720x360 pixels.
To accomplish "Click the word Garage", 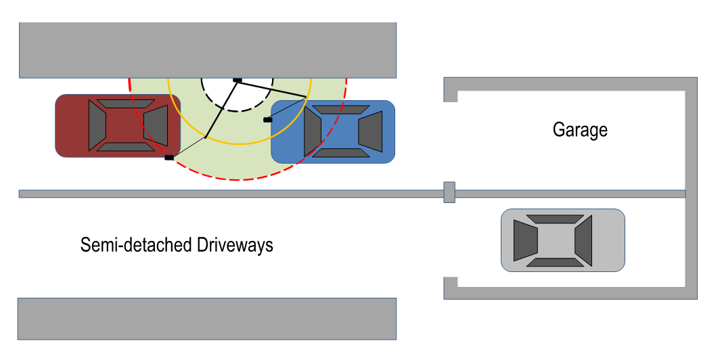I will tap(580, 129).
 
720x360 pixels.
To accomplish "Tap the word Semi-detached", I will tap(135, 244).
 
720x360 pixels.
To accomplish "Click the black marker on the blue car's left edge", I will tap(267, 120).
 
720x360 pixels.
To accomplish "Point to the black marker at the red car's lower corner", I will tap(169, 158).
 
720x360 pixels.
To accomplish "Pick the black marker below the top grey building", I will tap(238, 80).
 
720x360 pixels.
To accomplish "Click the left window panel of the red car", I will tap(97, 126).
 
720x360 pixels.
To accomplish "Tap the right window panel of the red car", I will tap(156, 125).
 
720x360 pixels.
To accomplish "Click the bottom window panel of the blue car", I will tap(341, 153).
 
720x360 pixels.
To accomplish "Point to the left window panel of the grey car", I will tap(525, 240).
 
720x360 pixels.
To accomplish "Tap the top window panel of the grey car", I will tap(555, 219).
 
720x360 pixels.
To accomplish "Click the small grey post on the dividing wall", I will tap(449, 192).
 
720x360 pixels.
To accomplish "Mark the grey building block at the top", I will tap(207, 49).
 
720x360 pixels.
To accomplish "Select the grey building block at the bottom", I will tap(206, 318).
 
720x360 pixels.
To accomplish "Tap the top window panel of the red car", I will tap(127, 104).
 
